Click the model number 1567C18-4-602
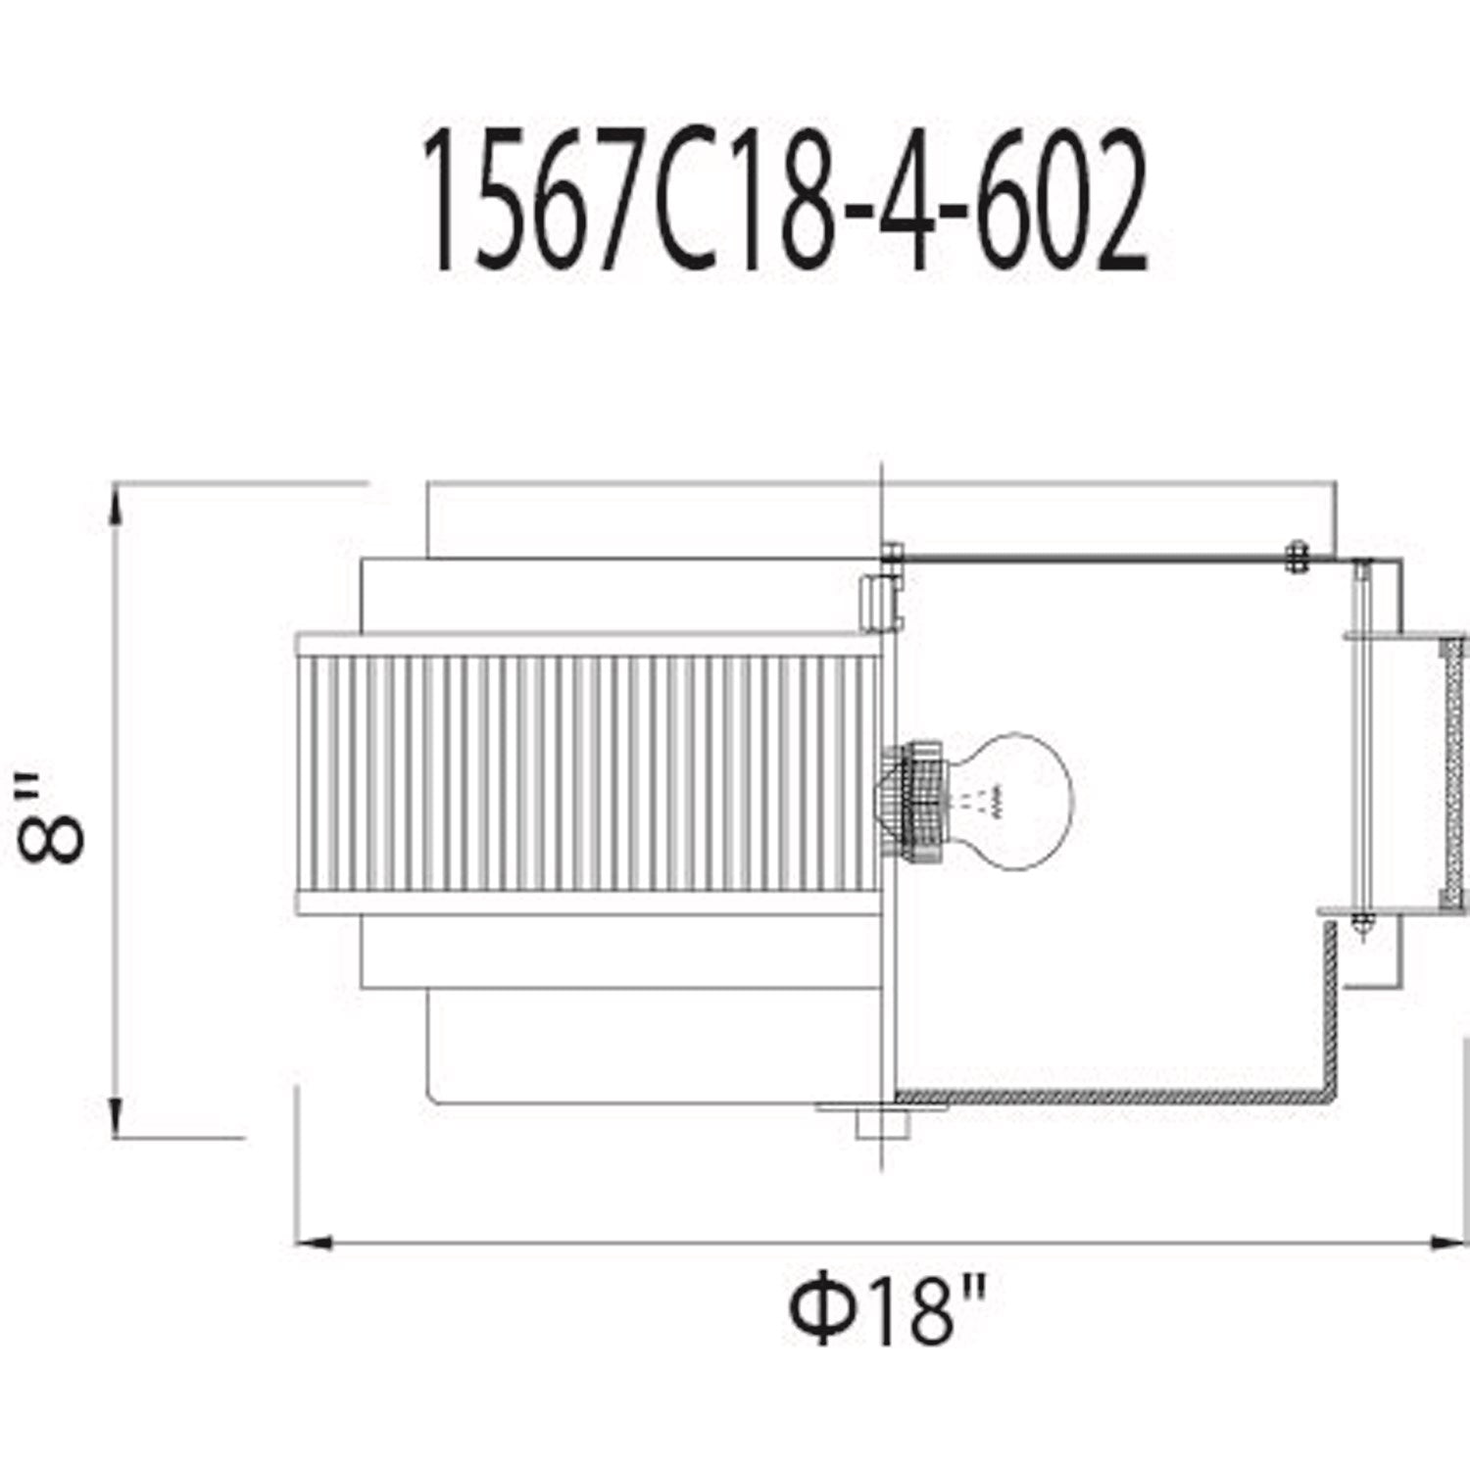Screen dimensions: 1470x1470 (x=784, y=201)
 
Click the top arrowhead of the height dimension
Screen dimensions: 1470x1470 (x=117, y=510)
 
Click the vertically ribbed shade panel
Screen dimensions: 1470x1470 (x=588, y=773)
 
